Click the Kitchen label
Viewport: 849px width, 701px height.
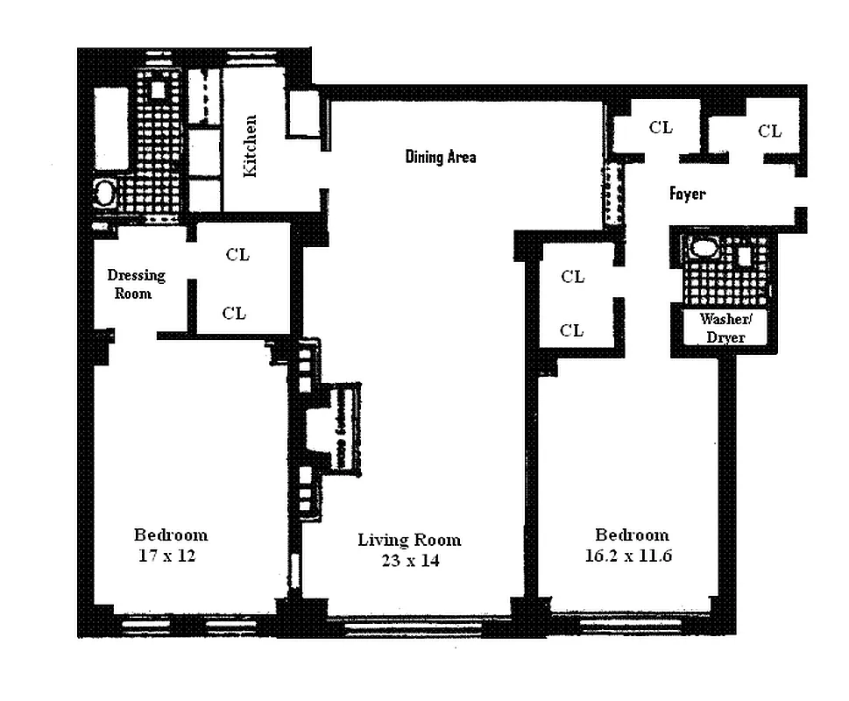tap(251, 146)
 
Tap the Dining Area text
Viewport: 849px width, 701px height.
tap(441, 157)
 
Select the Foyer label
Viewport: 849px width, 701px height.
tap(687, 194)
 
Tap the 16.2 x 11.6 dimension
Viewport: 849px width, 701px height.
tap(632, 555)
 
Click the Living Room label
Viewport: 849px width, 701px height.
tap(408, 540)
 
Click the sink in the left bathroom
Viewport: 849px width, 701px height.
tap(105, 194)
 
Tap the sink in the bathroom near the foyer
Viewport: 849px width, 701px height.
tap(704, 248)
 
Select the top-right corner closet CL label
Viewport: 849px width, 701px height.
tap(769, 131)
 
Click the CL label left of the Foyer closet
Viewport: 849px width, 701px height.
tap(661, 128)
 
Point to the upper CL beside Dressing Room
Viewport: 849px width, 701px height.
tap(237, 255)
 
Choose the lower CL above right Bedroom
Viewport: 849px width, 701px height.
tap(572, 330)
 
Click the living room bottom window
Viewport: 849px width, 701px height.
tap(412, 626)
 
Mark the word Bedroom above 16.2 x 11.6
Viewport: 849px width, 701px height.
tap(632, 535)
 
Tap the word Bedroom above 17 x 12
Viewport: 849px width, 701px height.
tap(170, 535)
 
